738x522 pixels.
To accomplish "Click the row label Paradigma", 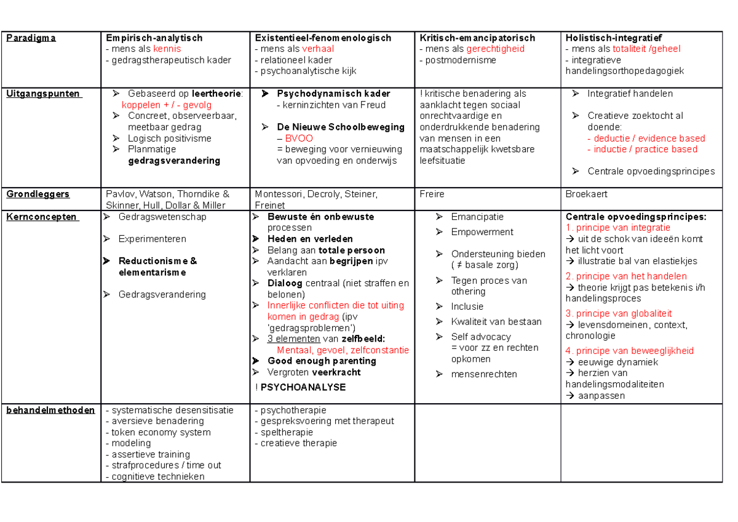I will (31, 38).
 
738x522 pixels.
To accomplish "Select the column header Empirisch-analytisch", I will (154, 38).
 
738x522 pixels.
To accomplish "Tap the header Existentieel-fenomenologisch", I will (323, 38).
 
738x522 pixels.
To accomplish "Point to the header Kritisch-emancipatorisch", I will (477, 38).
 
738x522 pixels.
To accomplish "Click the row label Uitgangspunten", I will (43, 94).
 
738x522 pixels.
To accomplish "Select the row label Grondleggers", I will (38, 194).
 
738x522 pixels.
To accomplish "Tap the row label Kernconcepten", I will (42, 217).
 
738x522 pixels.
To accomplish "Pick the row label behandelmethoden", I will (50, 410).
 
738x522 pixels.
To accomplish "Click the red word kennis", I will (167, 49).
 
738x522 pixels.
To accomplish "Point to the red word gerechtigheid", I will (495, 49).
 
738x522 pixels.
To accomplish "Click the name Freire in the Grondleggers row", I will (432, 194).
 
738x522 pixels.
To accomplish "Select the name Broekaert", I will (586, 194).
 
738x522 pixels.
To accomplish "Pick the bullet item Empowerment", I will (482, 232).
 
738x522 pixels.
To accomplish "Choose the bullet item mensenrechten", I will (484, 374).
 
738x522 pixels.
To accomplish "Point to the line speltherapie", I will (287, 432).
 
